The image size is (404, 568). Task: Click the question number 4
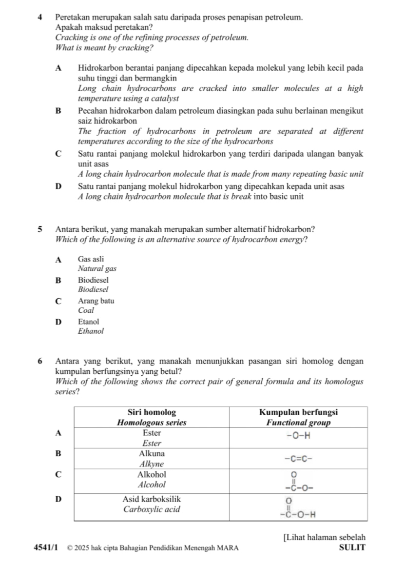point(39,17)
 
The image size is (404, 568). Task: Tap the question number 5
point(39,228)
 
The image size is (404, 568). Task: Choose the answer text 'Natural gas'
point(97,268)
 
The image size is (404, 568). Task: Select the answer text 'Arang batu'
point(96,301)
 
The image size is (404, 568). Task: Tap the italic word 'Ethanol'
point(91,331)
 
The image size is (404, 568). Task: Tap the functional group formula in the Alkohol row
point(298,482)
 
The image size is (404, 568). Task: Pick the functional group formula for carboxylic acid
point(298,507)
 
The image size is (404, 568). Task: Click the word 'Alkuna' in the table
point(152,453)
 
